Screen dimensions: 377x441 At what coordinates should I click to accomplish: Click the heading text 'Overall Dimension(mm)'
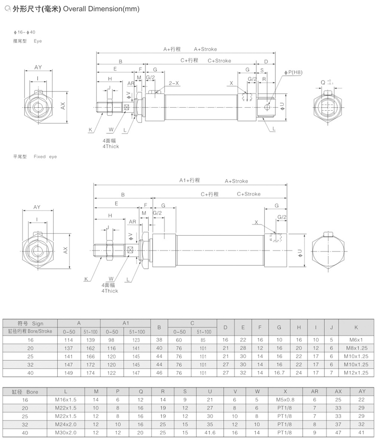click(101, 9)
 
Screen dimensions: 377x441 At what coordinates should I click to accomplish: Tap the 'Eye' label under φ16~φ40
click(38, 41)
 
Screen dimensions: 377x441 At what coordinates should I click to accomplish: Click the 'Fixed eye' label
click(45, 157)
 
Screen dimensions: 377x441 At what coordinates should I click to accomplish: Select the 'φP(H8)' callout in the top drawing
click(293, 72)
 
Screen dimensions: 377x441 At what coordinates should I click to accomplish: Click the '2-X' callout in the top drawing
click(174, 83)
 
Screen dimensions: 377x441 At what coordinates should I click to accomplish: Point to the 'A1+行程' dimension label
click(189, 180)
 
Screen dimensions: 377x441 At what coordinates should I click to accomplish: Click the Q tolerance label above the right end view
click(327, 82)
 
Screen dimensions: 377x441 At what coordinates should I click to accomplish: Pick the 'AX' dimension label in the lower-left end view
click(66, 251)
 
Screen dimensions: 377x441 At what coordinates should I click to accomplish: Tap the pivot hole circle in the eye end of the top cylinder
click(268, 107)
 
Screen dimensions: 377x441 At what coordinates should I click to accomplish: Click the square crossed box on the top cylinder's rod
click(126, 107)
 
